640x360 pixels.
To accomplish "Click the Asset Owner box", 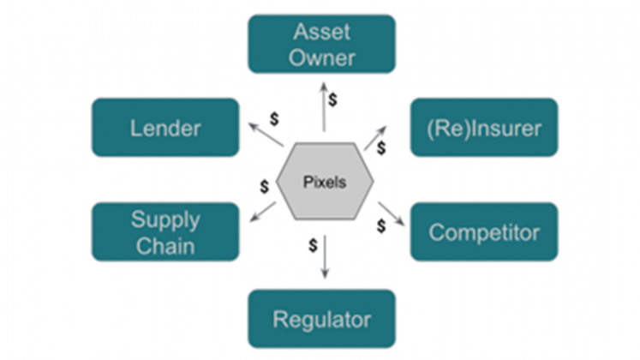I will (321, 44).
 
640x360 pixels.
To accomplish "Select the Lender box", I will (165, 128).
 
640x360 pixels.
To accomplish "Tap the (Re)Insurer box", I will (483, 128).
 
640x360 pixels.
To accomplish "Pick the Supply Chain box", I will (165, 231).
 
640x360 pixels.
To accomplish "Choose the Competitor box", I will (483, 231).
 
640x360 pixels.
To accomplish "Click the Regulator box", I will (321, 319).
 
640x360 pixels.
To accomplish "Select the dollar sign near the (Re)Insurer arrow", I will (381, 148).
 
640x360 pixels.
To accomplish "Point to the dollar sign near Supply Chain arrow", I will (265, 186).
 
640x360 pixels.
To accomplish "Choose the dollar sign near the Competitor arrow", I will (381, 226).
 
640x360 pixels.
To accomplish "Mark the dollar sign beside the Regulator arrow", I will (313, 245).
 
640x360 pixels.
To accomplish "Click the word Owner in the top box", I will (321, 57).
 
